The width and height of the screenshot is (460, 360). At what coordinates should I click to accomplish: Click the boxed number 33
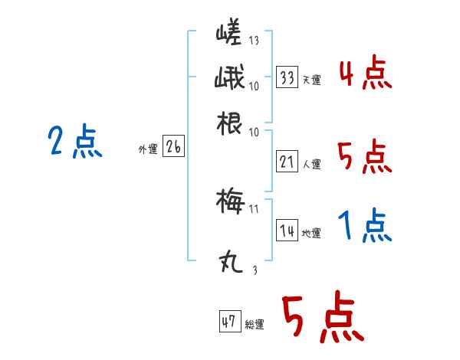coord(287,77)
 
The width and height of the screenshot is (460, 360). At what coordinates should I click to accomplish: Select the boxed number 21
coord(287,162)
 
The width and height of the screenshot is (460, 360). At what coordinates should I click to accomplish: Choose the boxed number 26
coord(173,149)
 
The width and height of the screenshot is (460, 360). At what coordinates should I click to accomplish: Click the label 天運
coord(310,80)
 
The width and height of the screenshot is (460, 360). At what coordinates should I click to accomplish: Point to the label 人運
coord(311,164)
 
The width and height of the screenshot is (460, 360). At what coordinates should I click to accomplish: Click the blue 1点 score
coord(365,226)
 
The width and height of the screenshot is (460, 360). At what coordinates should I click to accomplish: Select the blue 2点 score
coord(74,142)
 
